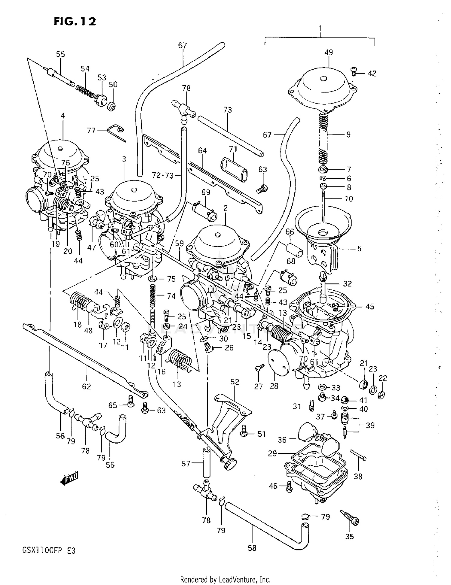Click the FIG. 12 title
(x=75, y=21)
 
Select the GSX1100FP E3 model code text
(x=49, y=551)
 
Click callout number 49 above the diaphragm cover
(x=329, y=53)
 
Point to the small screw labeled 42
(x=354, y=71)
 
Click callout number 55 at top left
(x=60, y=54)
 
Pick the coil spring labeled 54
(x=85, y=90)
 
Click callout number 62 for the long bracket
(x=86, y=386)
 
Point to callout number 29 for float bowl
(x=272, y=453)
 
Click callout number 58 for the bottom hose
(x=252, y=548)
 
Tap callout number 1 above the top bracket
(x=321, y=29)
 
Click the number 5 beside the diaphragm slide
(x=359, y=249)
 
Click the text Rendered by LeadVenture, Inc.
(x=225, y=579)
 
